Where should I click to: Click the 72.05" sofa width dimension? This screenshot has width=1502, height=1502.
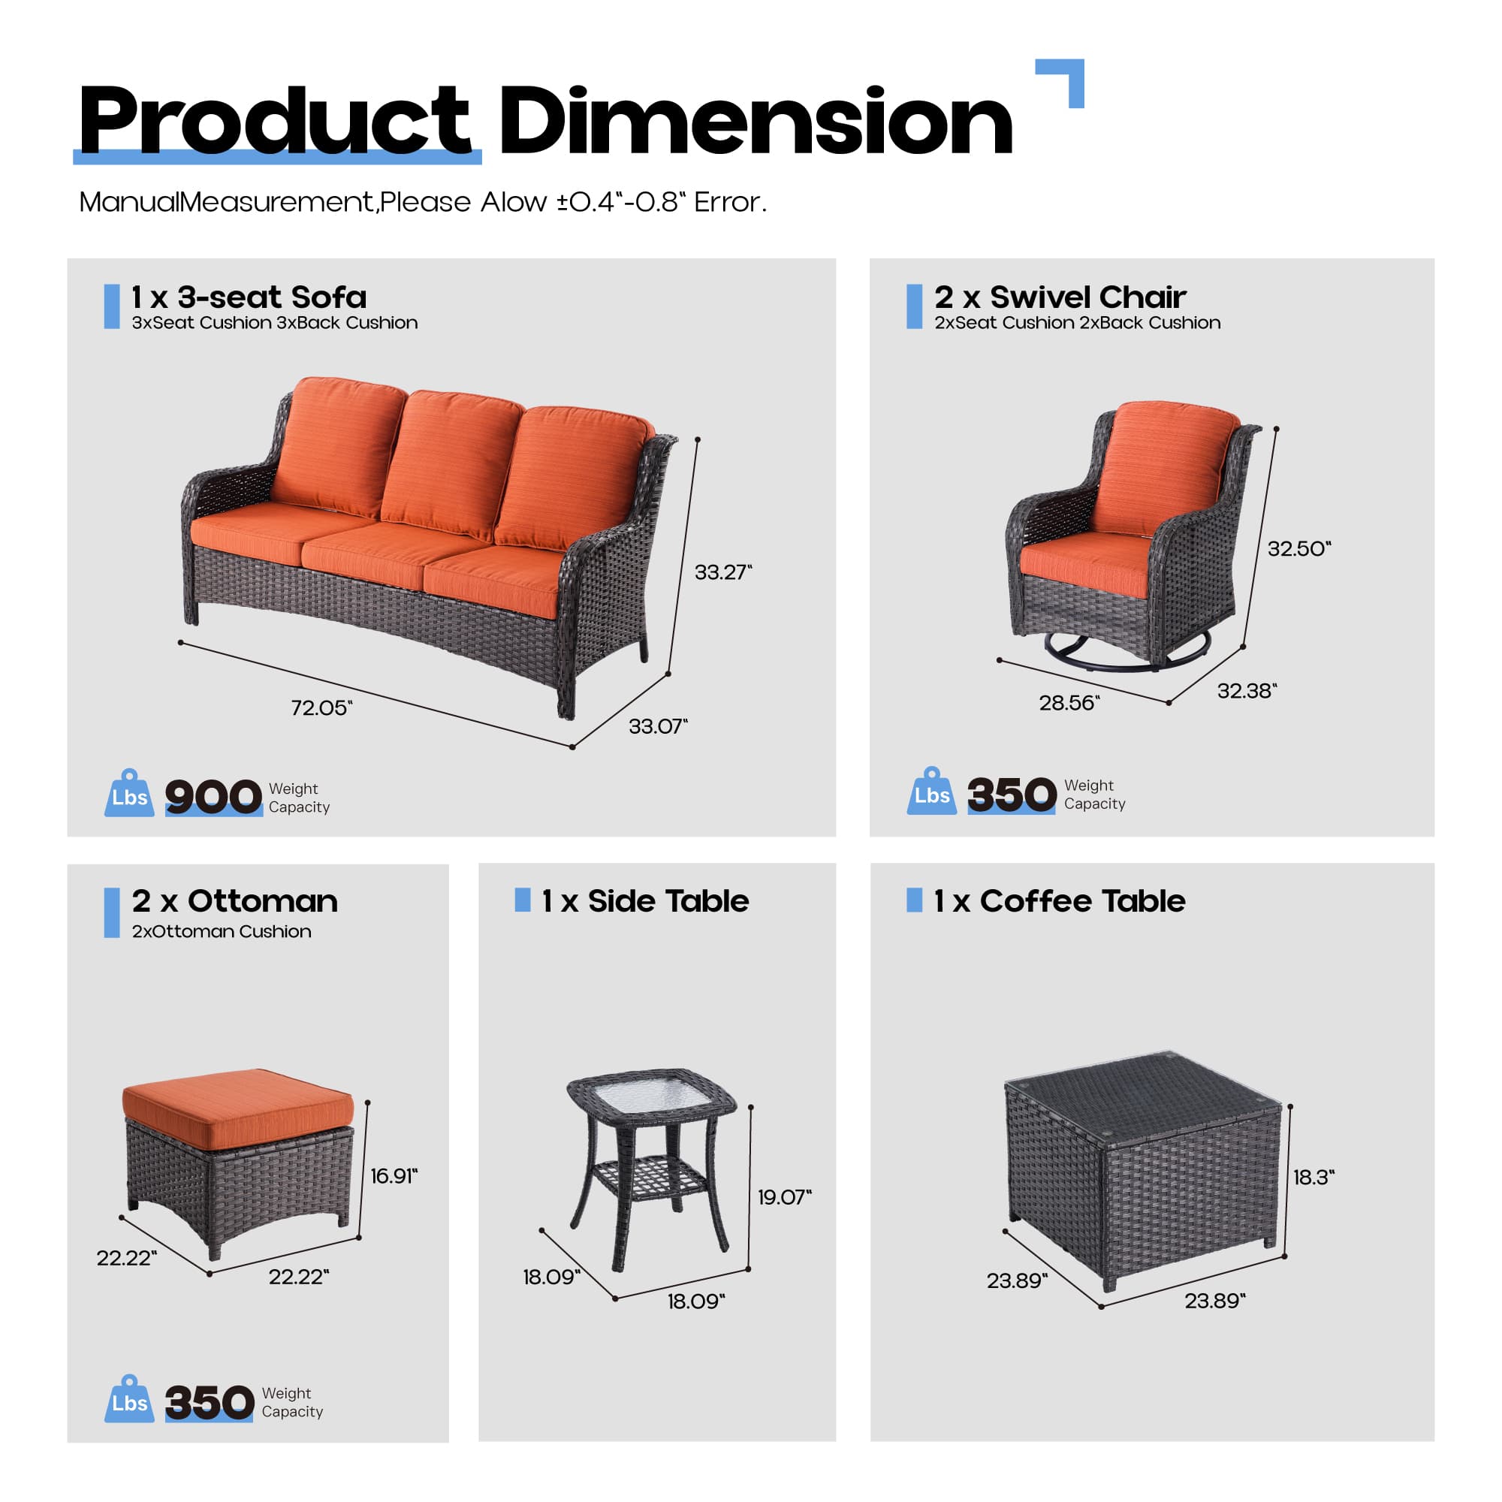tap(321, 707)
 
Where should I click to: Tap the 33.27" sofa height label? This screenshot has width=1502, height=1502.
tap(722, 572)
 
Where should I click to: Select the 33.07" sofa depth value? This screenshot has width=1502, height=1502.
tap(658, 726)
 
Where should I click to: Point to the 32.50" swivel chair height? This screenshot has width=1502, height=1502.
tap(1298, 549)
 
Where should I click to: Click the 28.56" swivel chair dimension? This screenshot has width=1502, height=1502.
tap(1069, 703)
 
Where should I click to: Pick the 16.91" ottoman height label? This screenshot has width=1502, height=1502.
tap(394, 1175)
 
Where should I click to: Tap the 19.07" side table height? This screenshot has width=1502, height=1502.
tap(783, 1196)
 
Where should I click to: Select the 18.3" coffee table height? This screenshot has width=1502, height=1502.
tap(1313, 1177)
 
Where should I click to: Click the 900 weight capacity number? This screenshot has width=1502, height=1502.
tap(213, 797)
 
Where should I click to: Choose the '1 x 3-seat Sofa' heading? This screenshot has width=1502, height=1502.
tap(249, 297)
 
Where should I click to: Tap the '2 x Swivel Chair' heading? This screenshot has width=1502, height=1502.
tap(1060, 297)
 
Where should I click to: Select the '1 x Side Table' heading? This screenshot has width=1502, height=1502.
tap(644, 901)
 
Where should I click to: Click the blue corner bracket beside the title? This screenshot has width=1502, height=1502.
tap(1066, 78)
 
